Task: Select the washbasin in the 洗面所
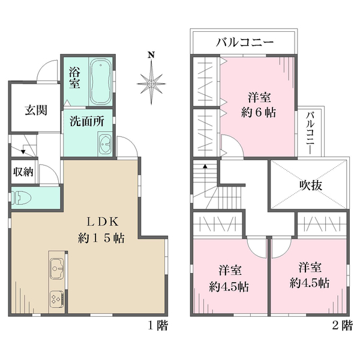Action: point(106,145)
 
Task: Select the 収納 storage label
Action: point(24,172)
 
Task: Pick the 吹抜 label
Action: point(309,185)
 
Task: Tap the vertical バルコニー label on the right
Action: point(311,132)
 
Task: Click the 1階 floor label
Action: point(158,326)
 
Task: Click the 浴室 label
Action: point(75,77)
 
